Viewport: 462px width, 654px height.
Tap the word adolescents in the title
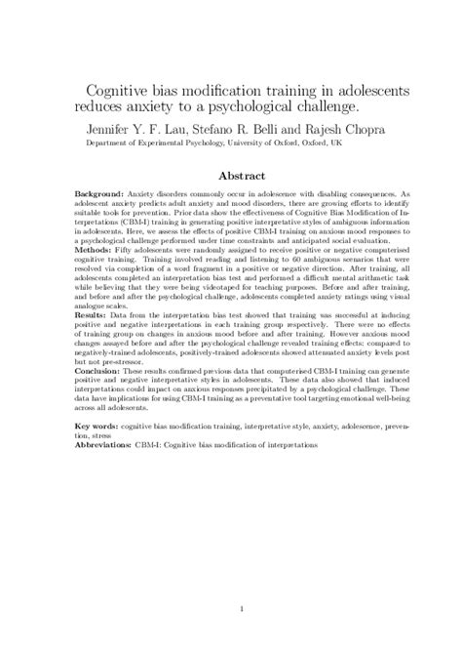(x=354, y=90)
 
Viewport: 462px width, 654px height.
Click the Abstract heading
(x=229, y=178)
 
